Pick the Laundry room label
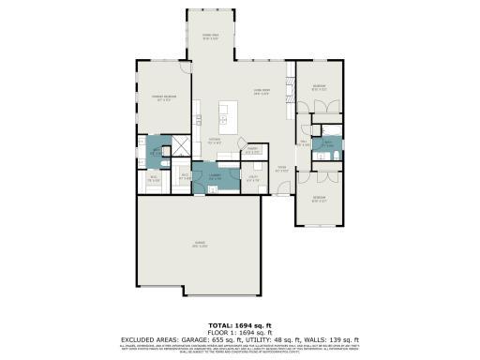215,174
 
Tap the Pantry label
251,150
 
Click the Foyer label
279,170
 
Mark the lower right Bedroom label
319,198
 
